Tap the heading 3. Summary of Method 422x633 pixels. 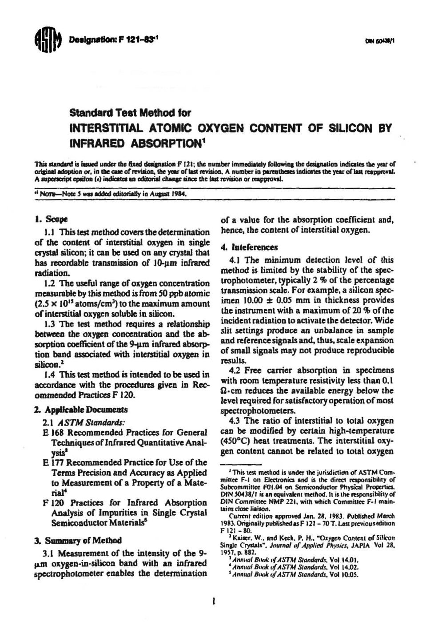(78, 541)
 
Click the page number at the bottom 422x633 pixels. (214, 602)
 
